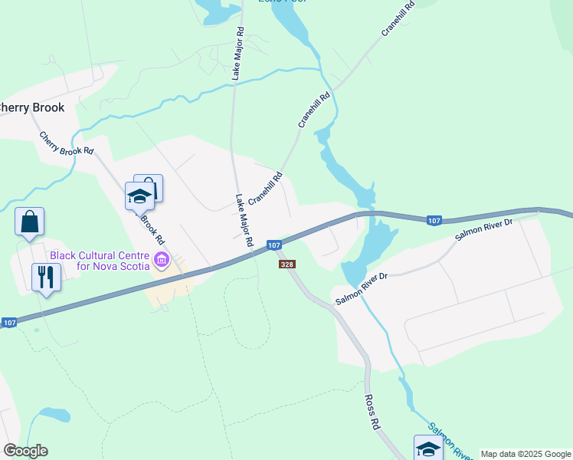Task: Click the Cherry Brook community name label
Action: pyautogui.click(x=32, y=108)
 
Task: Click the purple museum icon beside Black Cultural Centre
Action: pyautogui.click(x=161, y=261)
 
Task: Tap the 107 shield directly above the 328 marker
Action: pyautogui.click(x=274, y=245)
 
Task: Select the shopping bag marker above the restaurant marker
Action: pyautogui.click(x=29, y=222)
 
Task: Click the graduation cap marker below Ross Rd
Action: pyautogui.click(x=428, y=448)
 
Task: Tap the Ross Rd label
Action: pyautogui.click(x=372, y=412)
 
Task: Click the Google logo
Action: pyautogui.click(x=25, y=451)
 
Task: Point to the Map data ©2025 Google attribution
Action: pyautogui.click(x=526, y=454)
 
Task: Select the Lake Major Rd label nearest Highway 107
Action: pyautogui.click(x=244, y=219)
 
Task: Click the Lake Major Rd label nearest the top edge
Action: pyautogui.click(x=238, y=54)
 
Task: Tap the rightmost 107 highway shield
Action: pyautogui.click(x=434, y=221)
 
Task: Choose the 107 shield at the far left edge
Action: pyautogui.click(x=9, y=323)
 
